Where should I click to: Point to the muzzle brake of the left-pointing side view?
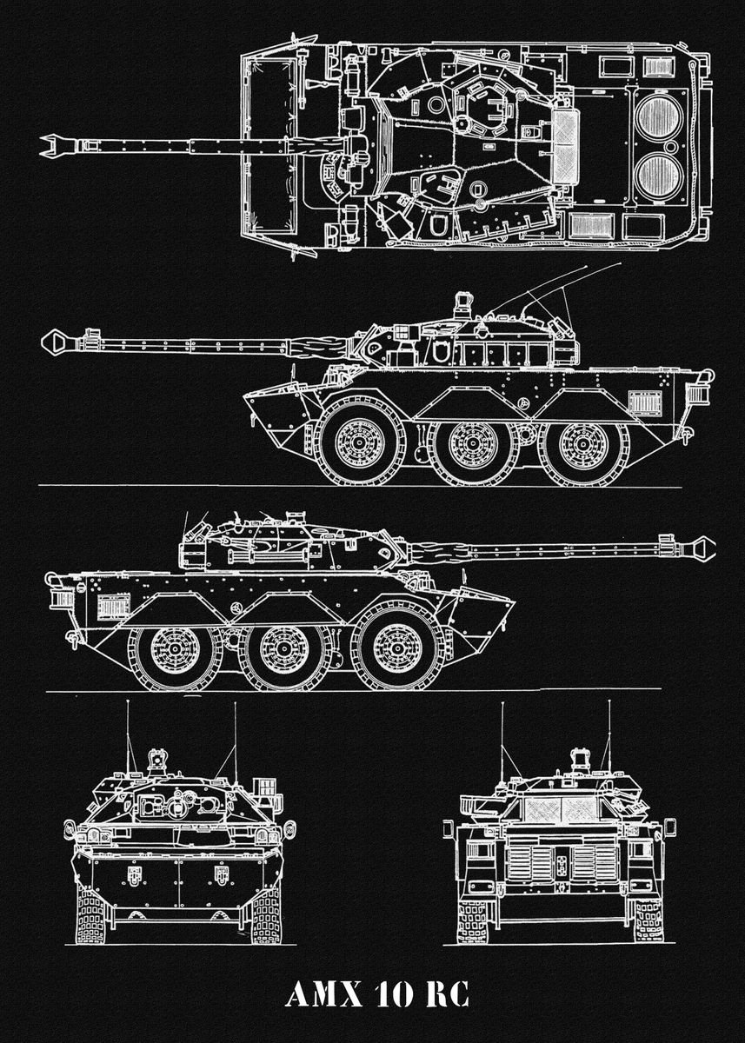pos(59,341)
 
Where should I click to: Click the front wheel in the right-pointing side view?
pos(400,648)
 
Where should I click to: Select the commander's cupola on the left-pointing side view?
pos(462,304)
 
